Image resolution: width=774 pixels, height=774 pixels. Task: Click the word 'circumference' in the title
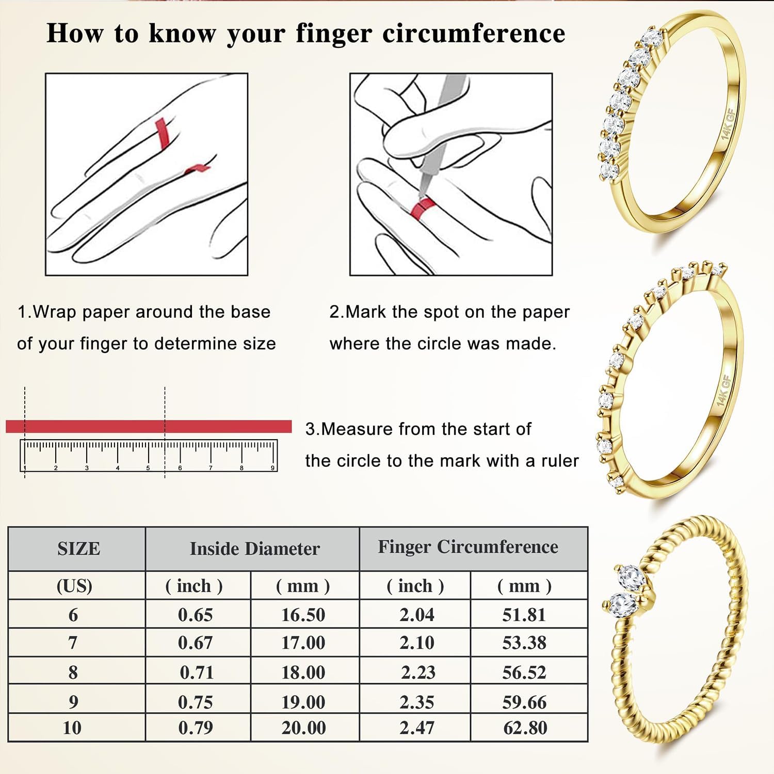474,34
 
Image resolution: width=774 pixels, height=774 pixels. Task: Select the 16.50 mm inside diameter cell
303,615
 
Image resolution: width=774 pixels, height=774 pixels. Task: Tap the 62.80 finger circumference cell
525,728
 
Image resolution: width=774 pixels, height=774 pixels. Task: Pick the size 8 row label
73,672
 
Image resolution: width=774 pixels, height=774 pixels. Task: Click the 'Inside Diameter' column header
255,549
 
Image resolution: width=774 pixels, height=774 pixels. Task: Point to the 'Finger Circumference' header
468,547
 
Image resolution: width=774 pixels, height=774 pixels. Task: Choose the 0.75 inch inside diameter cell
195,702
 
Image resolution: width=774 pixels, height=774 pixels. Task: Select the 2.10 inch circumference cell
417,643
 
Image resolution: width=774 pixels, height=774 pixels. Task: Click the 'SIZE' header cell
78,549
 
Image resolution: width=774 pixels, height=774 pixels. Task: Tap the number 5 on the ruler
148,468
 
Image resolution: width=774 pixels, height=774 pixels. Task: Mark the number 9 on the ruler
272,468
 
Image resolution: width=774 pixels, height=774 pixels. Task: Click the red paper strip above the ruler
149,426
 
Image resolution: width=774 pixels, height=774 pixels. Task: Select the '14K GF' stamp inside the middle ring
723,390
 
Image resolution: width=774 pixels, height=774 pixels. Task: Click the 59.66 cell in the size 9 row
524,702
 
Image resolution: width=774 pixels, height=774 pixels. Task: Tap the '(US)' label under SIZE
74,586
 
